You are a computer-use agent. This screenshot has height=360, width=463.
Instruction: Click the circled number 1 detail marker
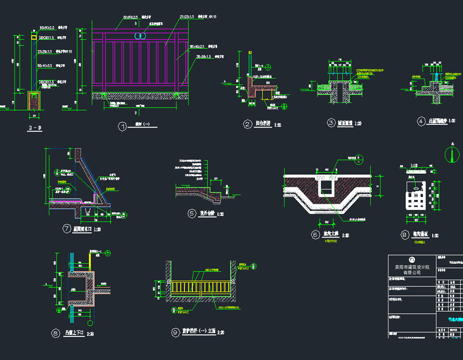click(x=122, y=127)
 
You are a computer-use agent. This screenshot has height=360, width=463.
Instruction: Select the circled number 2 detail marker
click(x=247, y=124)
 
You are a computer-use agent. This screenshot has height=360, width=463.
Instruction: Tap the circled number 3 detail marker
click(x=331, y=123)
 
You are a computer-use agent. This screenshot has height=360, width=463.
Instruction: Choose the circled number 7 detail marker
click(x=66, y=229)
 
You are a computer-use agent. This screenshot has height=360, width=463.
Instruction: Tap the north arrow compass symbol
click(x=452, y=153)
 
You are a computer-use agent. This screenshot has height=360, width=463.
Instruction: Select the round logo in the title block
click(x=412, y=259)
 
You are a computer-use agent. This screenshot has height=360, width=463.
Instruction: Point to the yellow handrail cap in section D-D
click(x=33, y=37)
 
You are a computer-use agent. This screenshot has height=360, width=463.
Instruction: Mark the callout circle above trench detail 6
click(x=359, y=157)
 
